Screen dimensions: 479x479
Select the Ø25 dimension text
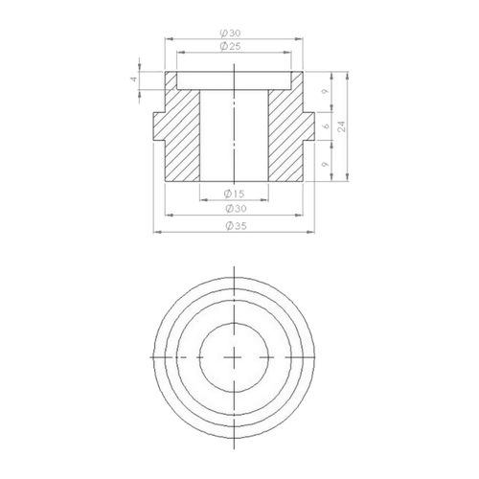(230, 46)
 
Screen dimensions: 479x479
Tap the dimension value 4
(134, 79)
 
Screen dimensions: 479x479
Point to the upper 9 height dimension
(325, 92)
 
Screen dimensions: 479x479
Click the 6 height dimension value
(326, 125)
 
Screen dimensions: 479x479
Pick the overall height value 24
(342, 126)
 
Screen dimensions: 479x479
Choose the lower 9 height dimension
(325, 165)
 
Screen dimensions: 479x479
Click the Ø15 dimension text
(234, 194)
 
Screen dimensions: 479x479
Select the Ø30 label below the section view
(236, 209)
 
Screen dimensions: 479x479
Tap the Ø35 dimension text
(236, 226)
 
